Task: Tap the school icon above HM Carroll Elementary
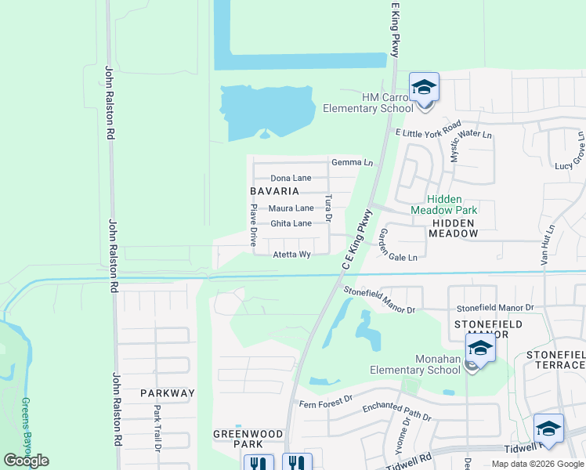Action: [x=424, y=87]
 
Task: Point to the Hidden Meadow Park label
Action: [x=444, y=204]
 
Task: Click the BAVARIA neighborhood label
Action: [x=274, y=191]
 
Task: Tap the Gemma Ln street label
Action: [x=352, y=163]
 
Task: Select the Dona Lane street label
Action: [x=291, y=179]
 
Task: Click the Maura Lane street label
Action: [x=291, y=208]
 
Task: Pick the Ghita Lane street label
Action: [x=291, y=224]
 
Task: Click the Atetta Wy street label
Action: [x=291, y=255]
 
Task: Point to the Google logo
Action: [x=26, y=461]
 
